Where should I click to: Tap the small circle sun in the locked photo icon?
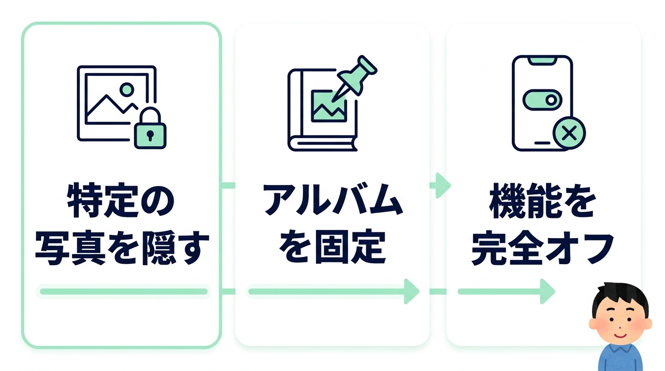pos(127,89)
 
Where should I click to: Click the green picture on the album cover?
pos(329,106)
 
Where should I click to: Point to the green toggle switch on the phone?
pos(542,100)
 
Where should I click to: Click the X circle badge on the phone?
pos(569,133)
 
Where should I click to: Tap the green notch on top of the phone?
pos(542,60)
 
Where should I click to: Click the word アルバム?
pos(333,200)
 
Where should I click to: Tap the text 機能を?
pos(542,201)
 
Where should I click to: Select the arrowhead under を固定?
pos(411,291)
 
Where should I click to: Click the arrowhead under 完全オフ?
pos(548,291)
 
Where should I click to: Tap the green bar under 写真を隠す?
pos(124,291)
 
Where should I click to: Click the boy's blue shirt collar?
pos(620,349)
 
